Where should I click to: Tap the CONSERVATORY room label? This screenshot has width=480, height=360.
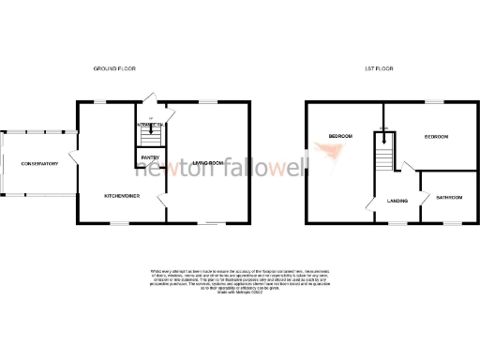pyautogui.click(x=39, y=164)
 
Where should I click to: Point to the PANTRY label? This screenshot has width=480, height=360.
pyautogui.click(x=150, y=157)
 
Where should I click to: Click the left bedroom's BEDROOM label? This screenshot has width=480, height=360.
pyautogui.click(x=339, y=138)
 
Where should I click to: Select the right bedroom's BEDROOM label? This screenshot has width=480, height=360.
pyautogui.click(x=436, y=138)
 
